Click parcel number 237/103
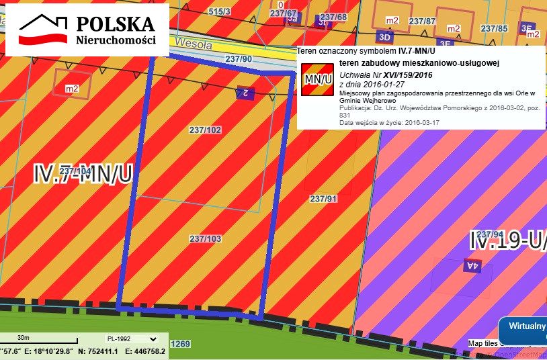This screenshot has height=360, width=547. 205,238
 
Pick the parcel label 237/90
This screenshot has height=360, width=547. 239,60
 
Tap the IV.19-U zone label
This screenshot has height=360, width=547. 507,240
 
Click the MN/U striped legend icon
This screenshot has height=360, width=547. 318,79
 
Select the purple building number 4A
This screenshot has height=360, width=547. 472,266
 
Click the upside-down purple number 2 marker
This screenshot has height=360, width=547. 245,93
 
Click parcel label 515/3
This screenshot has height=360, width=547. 219,12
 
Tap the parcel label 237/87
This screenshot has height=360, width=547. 422,21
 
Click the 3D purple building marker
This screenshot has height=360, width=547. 384,36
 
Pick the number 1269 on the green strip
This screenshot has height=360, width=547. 181,344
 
